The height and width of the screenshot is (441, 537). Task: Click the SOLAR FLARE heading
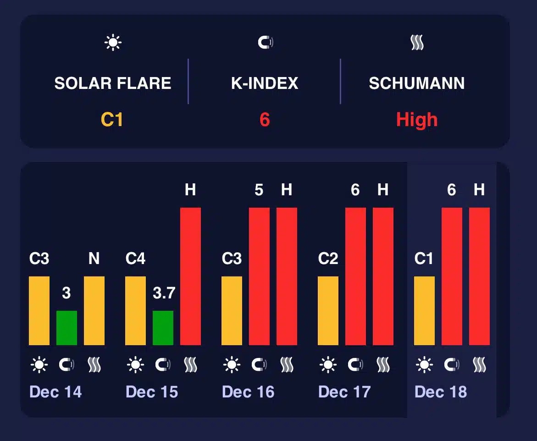coord(113,83)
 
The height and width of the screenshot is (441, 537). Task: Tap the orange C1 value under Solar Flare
coord(112,120)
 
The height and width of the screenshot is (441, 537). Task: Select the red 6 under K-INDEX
coord(265,120)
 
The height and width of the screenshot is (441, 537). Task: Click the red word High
coord(417,120)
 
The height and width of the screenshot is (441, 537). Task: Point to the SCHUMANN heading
coord(417,83)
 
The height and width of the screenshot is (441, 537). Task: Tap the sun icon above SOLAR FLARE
coord(113,43)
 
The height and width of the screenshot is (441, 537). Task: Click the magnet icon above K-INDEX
coord(265,43)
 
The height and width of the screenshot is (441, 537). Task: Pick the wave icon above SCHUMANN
coord(417,43)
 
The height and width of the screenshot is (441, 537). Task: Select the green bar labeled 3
coord(66,328)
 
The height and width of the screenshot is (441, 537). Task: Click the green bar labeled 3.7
coord(163,328)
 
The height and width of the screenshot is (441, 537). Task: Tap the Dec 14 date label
coord(55,392)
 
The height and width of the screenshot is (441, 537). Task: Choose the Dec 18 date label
coord(441,392)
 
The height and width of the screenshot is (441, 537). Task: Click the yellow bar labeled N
coord(94,310)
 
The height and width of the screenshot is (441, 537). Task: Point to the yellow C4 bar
coord(135,310)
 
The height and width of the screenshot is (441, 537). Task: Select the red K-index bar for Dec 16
coord(259,276)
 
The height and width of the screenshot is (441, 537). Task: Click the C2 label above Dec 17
coord(328,259)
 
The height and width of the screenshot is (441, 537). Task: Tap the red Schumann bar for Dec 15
coord(190,276)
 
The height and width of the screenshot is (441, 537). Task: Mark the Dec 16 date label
coord(248,392)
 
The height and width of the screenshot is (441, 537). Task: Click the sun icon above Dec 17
coord(328,365)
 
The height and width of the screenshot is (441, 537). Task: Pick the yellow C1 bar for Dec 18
coord(424,310)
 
